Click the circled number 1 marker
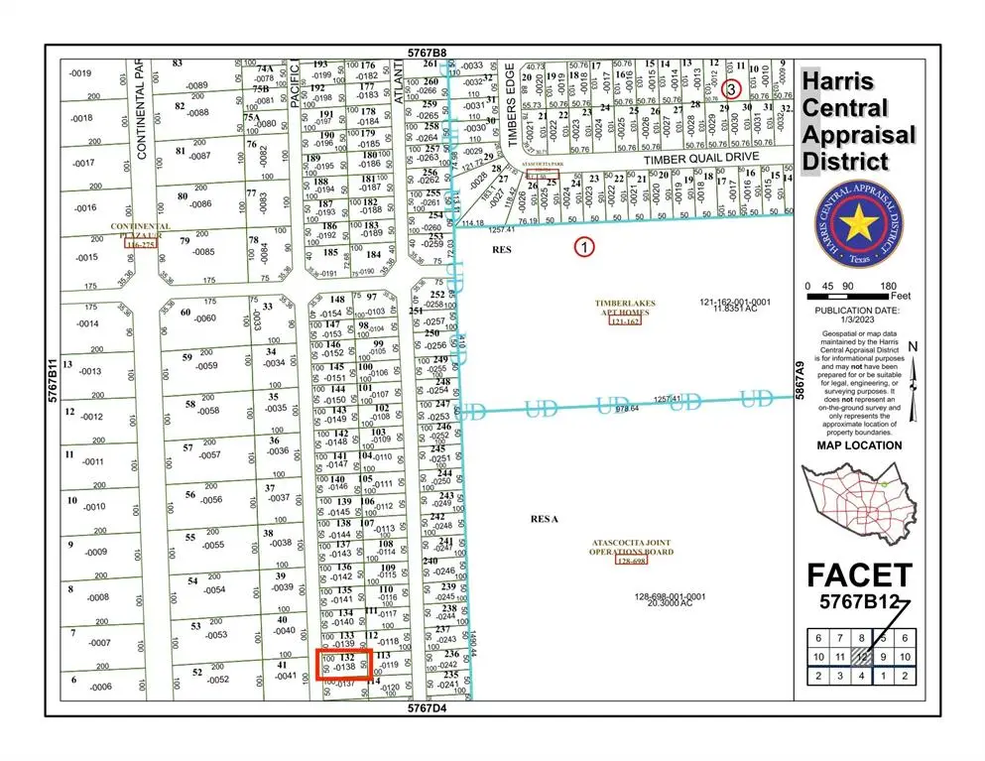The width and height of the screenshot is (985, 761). pyautogui.click(x=584, y=246)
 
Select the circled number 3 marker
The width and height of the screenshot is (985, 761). pyautogui.click(x=731, y=88)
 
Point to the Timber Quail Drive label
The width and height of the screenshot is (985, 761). pyautogui.click(x=700, y=158)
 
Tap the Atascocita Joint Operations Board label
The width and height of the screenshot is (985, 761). pyautogui.click(x=632, y=548)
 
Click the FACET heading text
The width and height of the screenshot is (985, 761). pyautogui.click(x=858, y=575)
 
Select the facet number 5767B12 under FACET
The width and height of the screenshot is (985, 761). pyautogui.click(x=858, y=601)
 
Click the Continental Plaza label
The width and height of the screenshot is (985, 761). pyautogui.click(x=133, y=231)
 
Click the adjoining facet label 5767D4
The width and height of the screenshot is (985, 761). pyautogui.click(x=431, y=708)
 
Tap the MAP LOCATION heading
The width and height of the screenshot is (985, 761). pyautogui.click(x=858, y=445)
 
